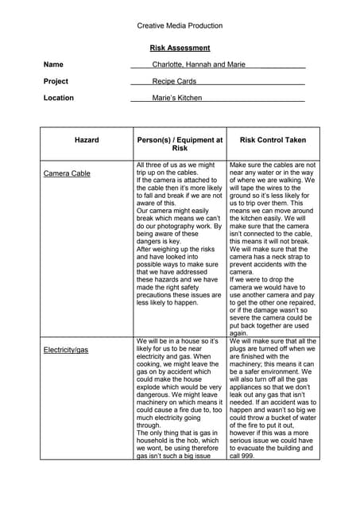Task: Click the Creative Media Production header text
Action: [x=180, y=25]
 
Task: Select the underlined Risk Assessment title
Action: [x=180, y=48]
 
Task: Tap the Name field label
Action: [x=53, y=64]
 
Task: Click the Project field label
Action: [x=56, y=81]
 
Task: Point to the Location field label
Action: [x=59, y=98]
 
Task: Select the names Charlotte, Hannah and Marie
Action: [x=199, y=64]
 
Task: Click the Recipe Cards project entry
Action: [x=174, y=81]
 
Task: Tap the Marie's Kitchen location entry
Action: [x=177, y=98]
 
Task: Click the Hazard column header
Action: [x=87, y=140]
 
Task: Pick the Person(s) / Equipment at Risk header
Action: [x=180, y=144]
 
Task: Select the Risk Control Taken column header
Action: [x=273, y=140]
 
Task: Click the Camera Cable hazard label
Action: [x=67, y=173]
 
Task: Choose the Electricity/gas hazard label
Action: [x=66, y=349]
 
